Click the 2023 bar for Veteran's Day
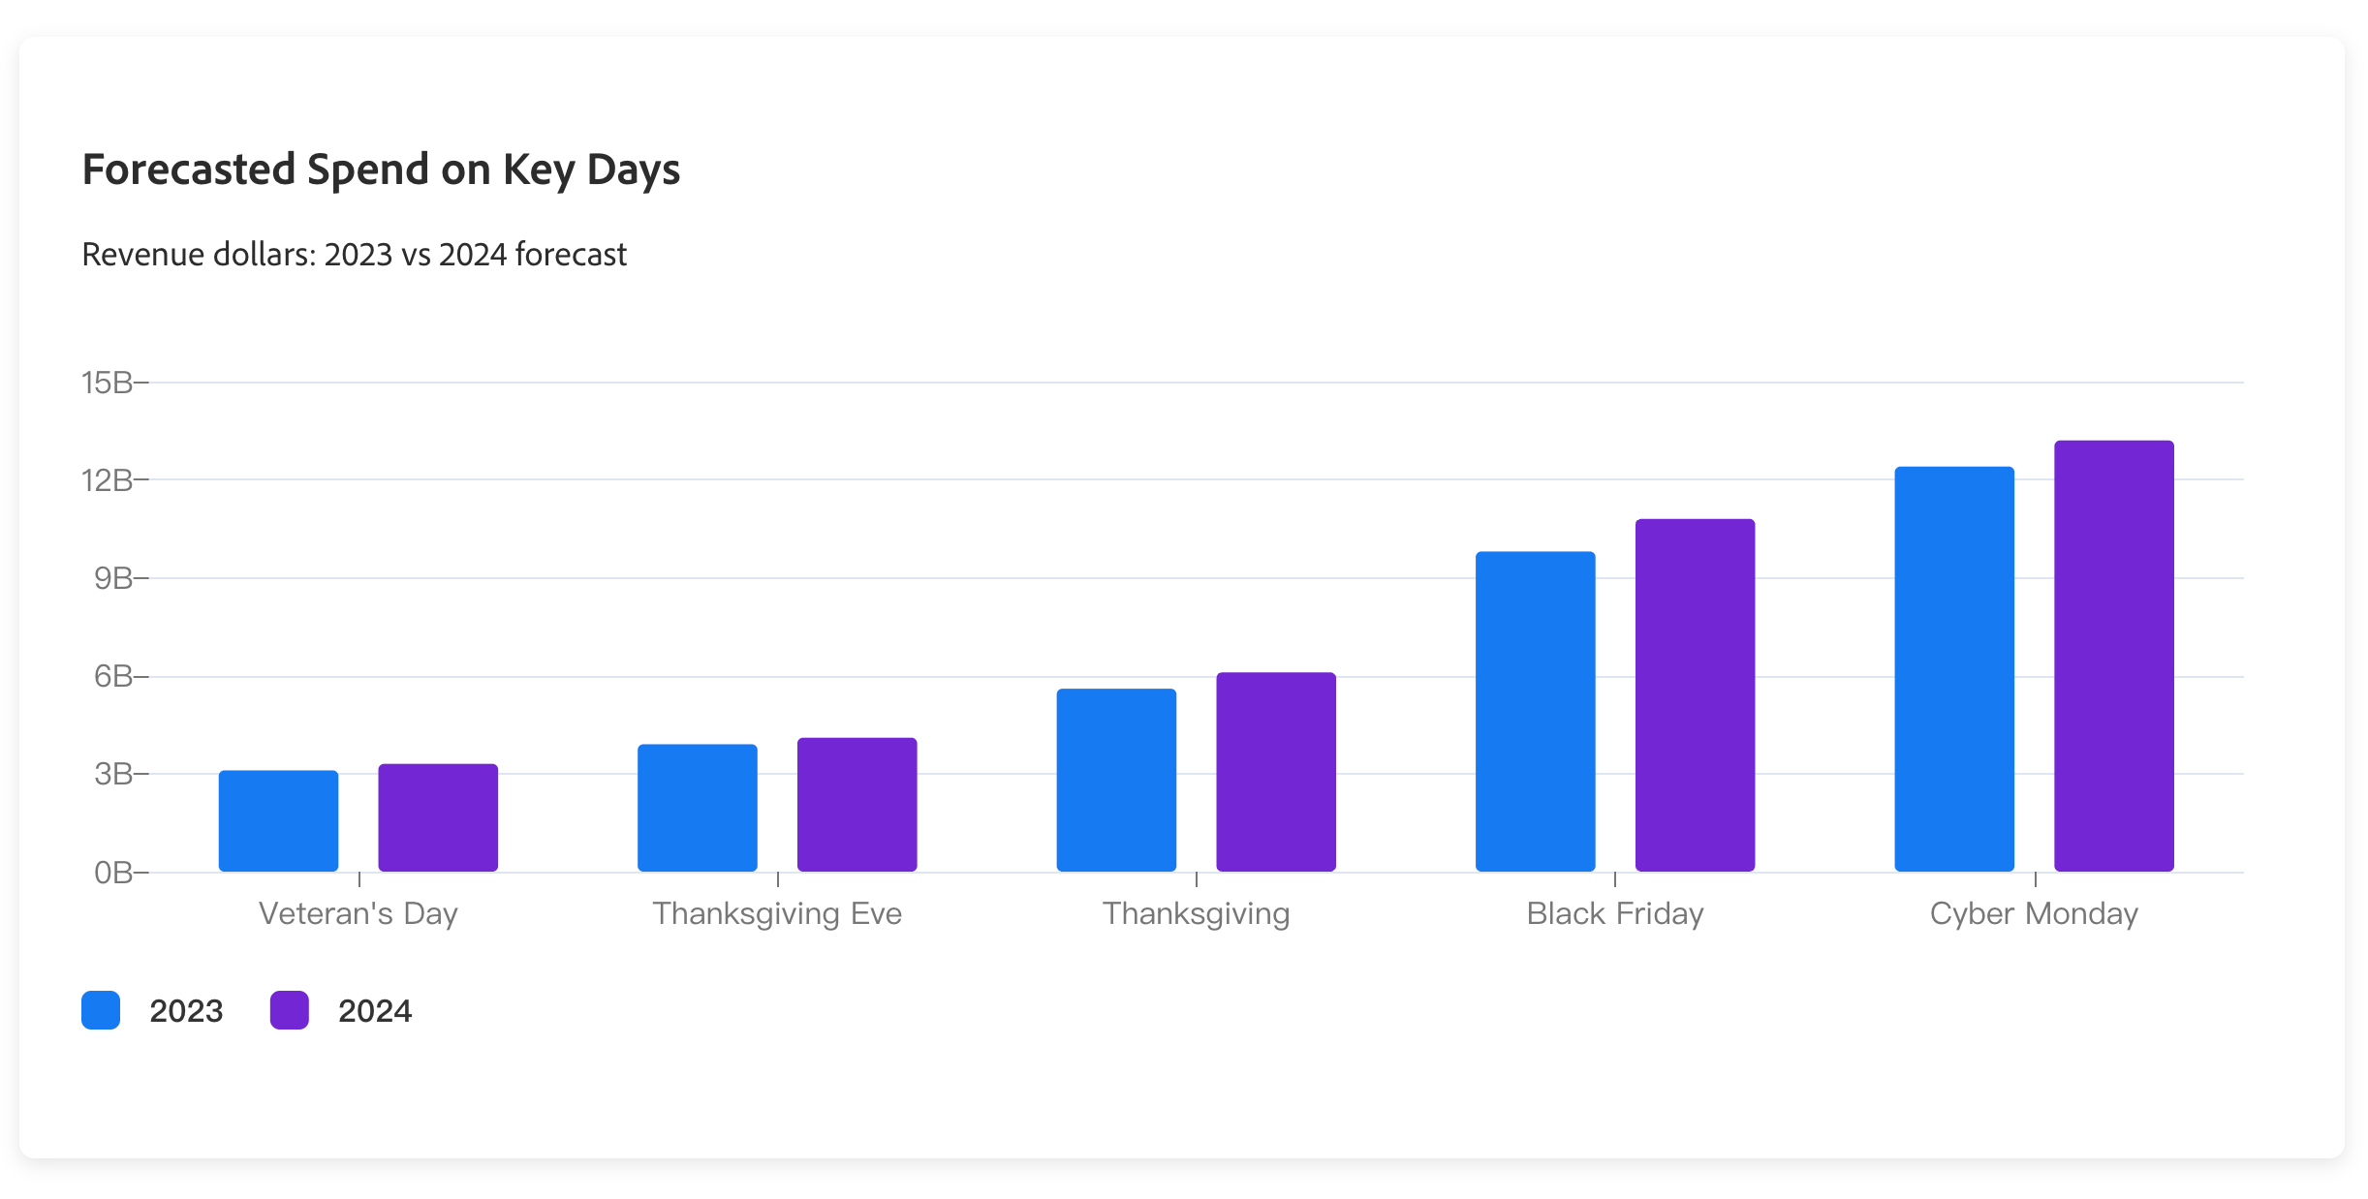coord(278,821)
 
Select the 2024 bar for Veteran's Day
coord(438,818)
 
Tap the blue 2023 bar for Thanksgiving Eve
coord(698,808)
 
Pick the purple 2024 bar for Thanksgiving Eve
coord(857,805)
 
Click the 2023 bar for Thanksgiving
coord(1116,781)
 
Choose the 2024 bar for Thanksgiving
coord(1276,772)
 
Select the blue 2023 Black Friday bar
coord(1535,712)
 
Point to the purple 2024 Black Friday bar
coord(1695,695)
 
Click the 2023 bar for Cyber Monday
coord(1954,669)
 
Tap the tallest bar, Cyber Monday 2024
coord(2114,657)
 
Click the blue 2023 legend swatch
coord(101,1010)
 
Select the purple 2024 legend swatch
coord(290,1010)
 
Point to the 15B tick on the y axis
coord(108,383)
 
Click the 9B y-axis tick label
coord(113,578)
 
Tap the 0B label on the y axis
coord(113,873)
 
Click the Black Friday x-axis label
coord(1615,913)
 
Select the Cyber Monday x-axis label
coord(2034,913)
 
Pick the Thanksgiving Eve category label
coord(777,913)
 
